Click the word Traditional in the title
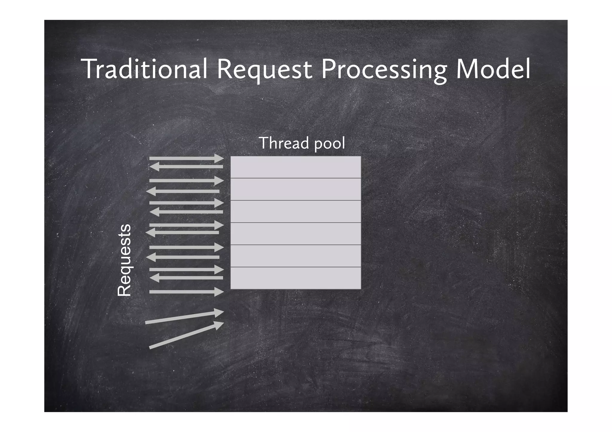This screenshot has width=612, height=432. point(145,69)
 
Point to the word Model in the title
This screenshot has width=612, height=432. point(493,69)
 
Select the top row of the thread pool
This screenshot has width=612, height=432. point(296,167)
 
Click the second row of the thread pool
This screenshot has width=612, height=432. point(296,189)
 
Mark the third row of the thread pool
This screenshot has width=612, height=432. point(296,211)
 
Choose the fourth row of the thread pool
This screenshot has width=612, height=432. point(296,234)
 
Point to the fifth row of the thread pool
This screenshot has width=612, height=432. point(296,256)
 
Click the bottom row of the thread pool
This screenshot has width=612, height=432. point(296,278)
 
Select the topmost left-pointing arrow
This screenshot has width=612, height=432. point(186,167)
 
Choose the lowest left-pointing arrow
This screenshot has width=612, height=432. point(186,278)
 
